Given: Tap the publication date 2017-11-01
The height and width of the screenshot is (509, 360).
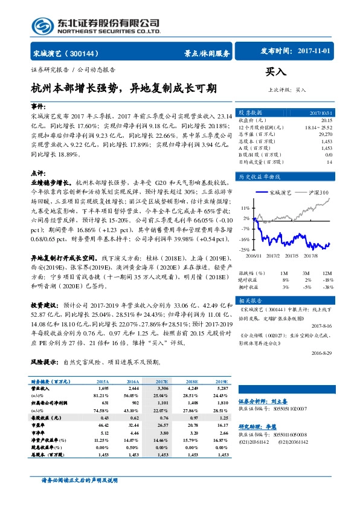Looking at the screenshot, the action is click(315, 52).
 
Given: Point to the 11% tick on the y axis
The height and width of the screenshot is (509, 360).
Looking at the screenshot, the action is click(246, 207).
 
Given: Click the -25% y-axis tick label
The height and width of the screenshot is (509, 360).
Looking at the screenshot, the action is click(245, 249).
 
